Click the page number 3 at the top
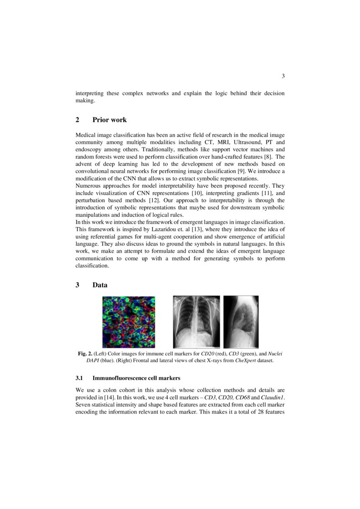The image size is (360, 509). pyautogui.click(x=283, y=77)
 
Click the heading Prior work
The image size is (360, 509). pyautogui.click(x=109, y=120)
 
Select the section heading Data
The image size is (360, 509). pyautogui.click(x=100, y=285)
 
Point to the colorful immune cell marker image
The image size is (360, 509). pyautogui.click(x=129, y=322)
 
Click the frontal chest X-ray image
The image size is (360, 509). pyautogui.click(x=197, y=322)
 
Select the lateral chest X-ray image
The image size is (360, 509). pyautogui.click(x=241, y=322)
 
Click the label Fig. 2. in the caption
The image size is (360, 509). pyautogui.click(x=85, y=354)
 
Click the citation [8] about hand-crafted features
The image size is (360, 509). pyautogui.click(x=268, y=156)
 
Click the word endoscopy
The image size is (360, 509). pyautogui.click(x=89, y=149)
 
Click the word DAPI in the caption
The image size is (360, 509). pyautogui.click(x=93, y=361)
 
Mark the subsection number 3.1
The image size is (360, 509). pyautogui.click(x=80, y=378)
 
